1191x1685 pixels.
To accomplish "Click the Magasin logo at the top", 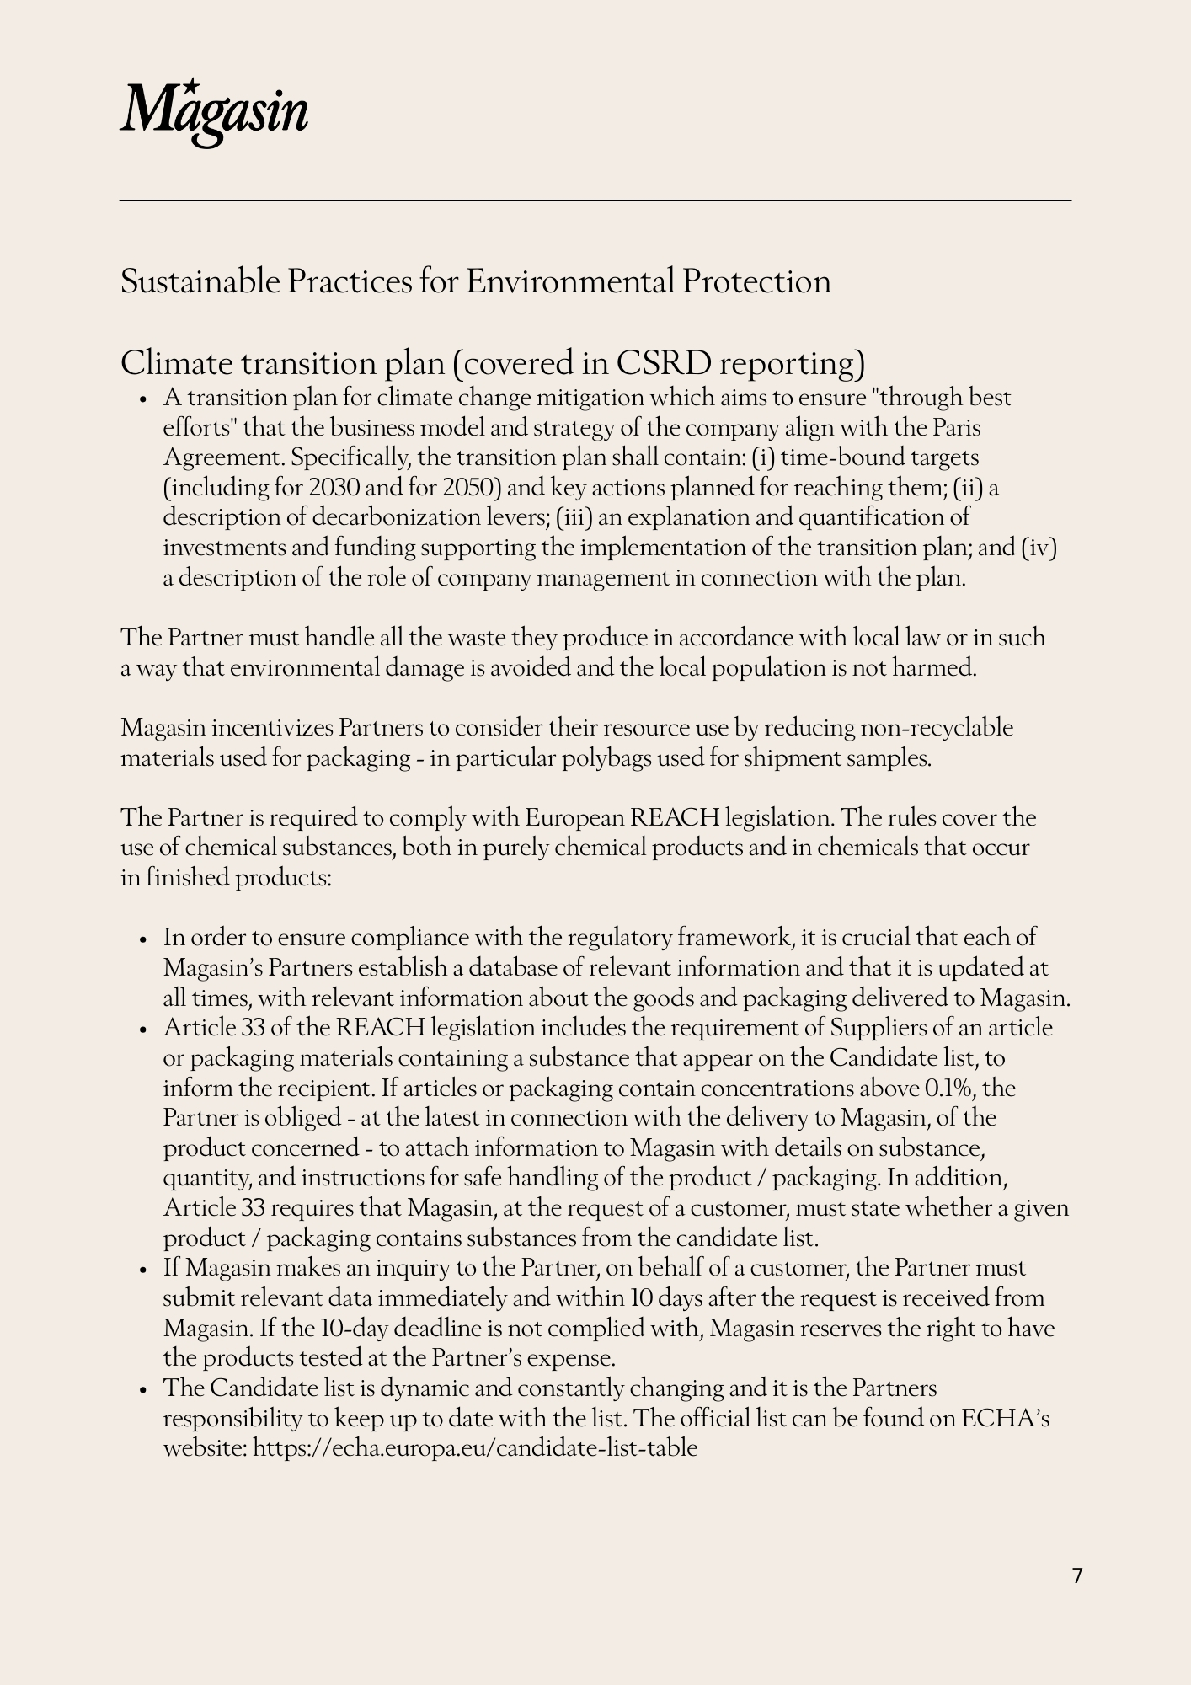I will tap(214, 113).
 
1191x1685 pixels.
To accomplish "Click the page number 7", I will tap(1077, 1575).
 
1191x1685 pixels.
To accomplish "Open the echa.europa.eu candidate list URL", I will tap(475, 1448).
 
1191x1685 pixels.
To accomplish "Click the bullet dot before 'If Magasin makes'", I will tap(146, 1270).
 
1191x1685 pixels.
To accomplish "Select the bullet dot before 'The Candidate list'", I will tap(146, 1389).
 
